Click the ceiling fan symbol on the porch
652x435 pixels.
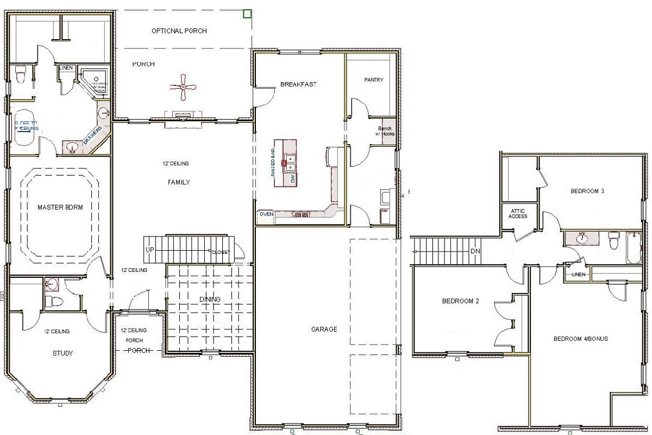[183, 86]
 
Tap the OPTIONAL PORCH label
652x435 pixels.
[179, 31]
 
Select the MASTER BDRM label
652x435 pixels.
[60, 207]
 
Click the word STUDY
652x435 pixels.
[62, 353]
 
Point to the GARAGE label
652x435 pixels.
[324, 329]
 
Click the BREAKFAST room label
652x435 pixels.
[298, 84]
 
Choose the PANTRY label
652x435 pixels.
[373, 80]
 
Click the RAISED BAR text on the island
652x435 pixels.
[273, 163]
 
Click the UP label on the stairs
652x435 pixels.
[149, 250]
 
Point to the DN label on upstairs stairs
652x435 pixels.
[475, 251]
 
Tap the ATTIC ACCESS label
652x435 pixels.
[518, 213]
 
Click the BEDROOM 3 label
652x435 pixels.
[587, 191]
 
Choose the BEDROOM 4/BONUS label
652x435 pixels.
[580, 339]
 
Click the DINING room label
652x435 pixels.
[210, 300]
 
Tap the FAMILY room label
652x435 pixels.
[178, 183]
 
